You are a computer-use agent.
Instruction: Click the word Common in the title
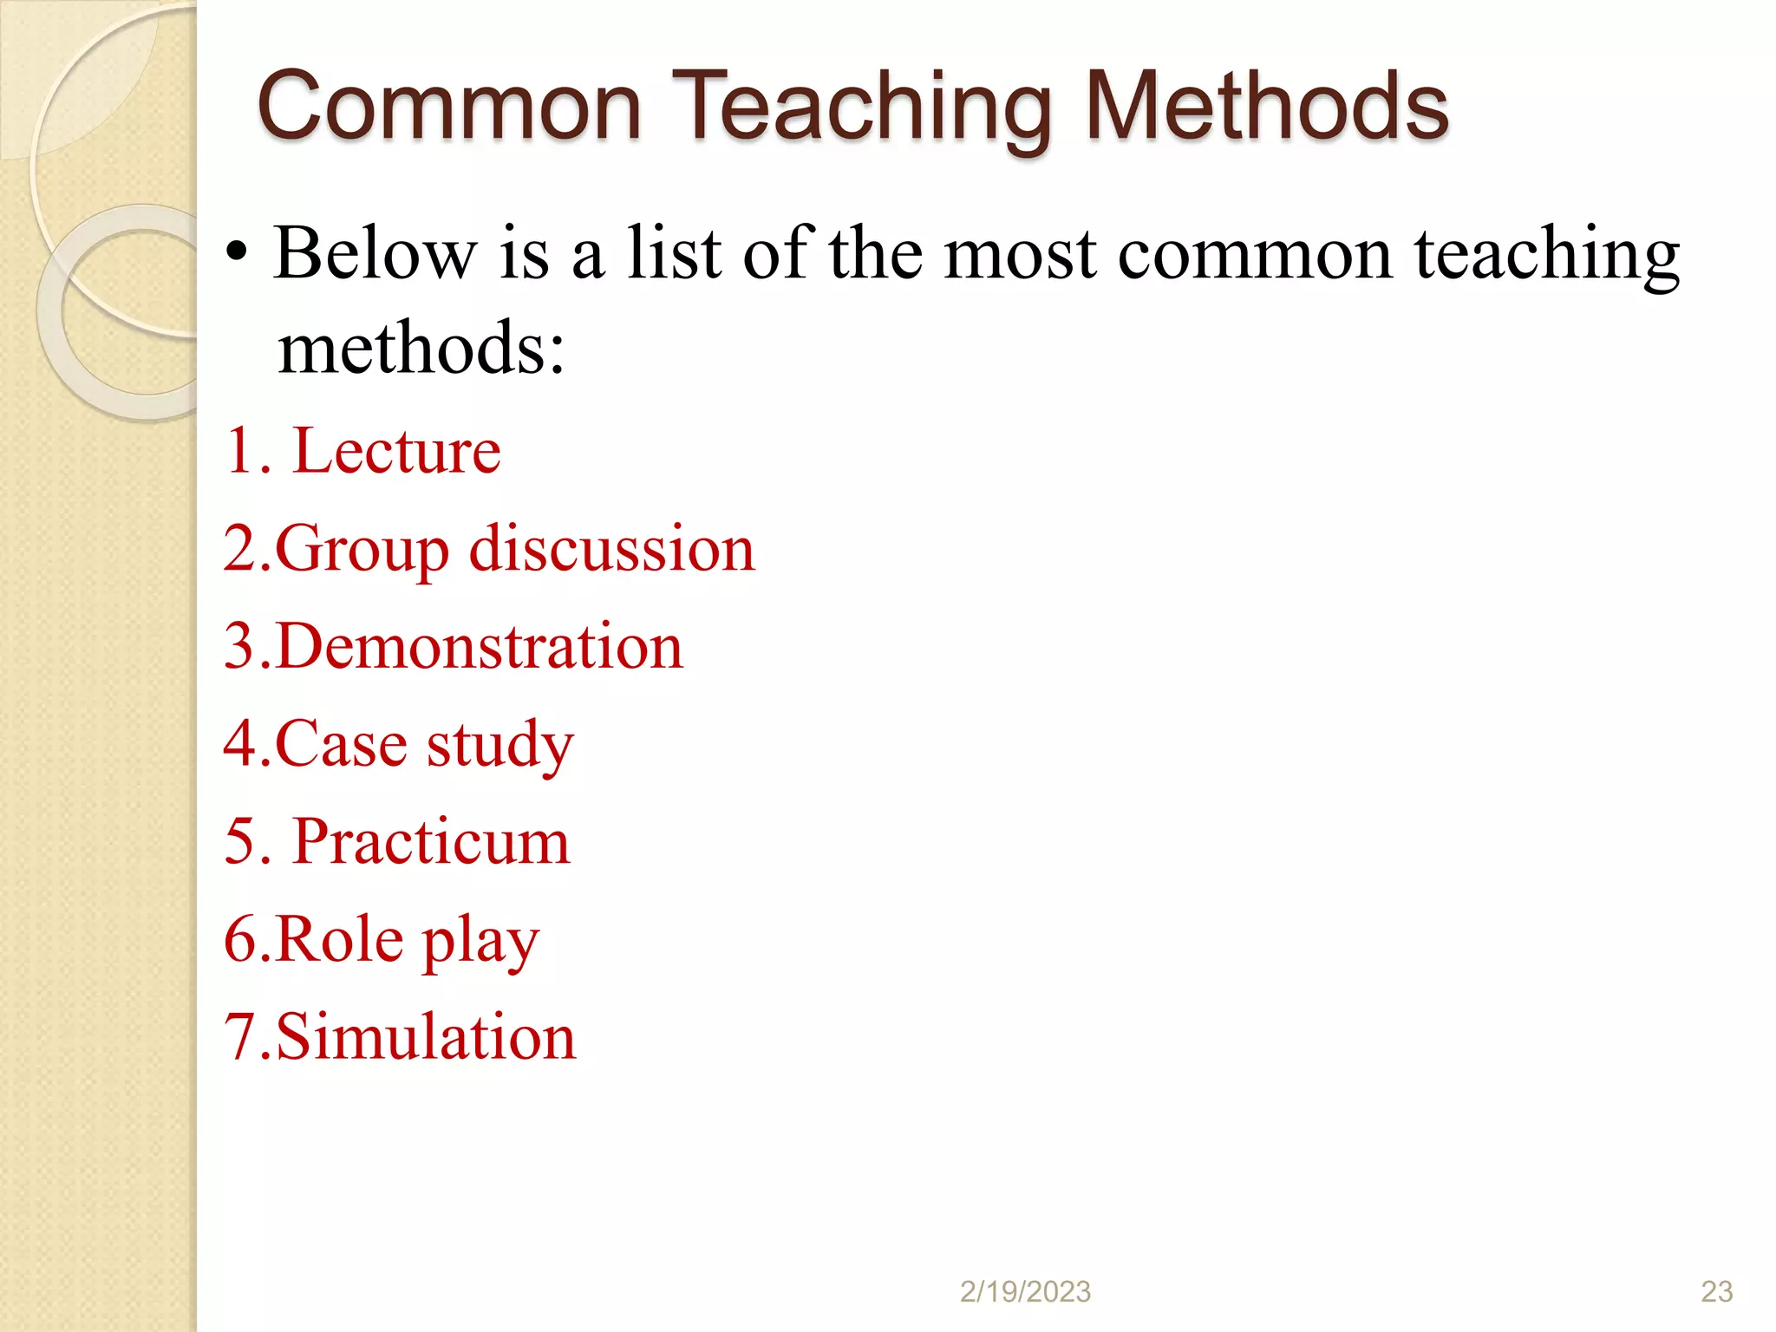click(x=449, y=107)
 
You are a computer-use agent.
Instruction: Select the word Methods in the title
click(x=1266, y=107)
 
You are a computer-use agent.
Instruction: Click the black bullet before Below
click(x=236, y=255)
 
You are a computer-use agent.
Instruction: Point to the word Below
click(x=375, y=253)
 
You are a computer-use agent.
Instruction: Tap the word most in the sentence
click(x=1020, y=255)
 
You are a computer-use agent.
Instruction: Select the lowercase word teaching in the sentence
click(x=1547, y=255)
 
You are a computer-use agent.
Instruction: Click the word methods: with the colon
click(x=421, y=349)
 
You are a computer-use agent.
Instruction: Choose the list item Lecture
click(x=397, y=451)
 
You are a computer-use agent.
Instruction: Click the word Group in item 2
click(x=362, y=550)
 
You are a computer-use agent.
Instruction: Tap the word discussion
click(x=612, y=548)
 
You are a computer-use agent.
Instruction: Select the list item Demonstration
click(x=480, y=646)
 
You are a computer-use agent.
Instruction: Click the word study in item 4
click(x=499, y=745)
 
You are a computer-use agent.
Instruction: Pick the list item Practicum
click(x=432, y=841)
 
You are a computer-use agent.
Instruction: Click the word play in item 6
click(x=480, y=941)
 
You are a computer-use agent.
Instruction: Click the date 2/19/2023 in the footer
click(x=1025, y=1291)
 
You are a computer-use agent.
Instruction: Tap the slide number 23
click(x=1716, y=1291)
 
